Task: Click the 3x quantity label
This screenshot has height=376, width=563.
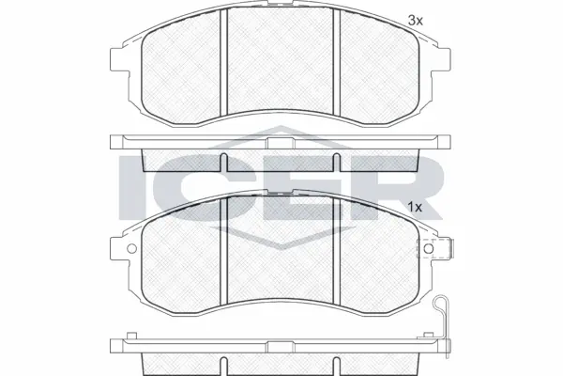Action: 414,19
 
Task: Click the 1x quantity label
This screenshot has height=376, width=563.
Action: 414,206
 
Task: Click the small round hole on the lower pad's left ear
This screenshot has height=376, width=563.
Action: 131,250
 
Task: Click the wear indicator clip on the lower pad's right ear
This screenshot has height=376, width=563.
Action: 436,250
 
